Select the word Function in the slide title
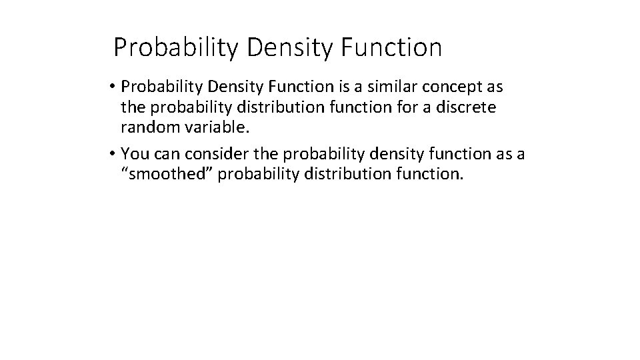pyautogui.click(x=392, y=48)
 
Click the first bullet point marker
pyautogui.click(x=115, y=88)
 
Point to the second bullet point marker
pyautogui.click(x=115, y=155)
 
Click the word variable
pyautogui.click(x=212, y=127)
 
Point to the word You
pyautogui.click(x=135, y=154)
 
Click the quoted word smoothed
pyautogui.click(x=159, y=174)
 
